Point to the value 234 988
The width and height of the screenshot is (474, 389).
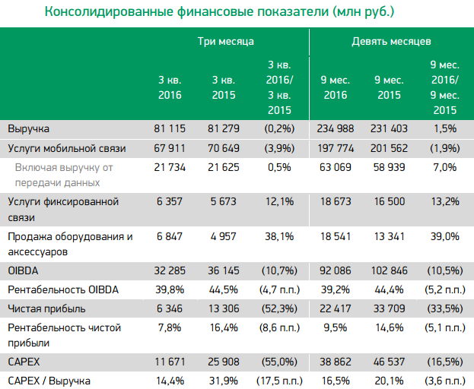[336, 129]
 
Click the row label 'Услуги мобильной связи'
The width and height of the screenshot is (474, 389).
[66, 148]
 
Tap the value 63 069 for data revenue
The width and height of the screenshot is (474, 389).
[336, 166]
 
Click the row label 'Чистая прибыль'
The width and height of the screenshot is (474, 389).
[45, 308]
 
